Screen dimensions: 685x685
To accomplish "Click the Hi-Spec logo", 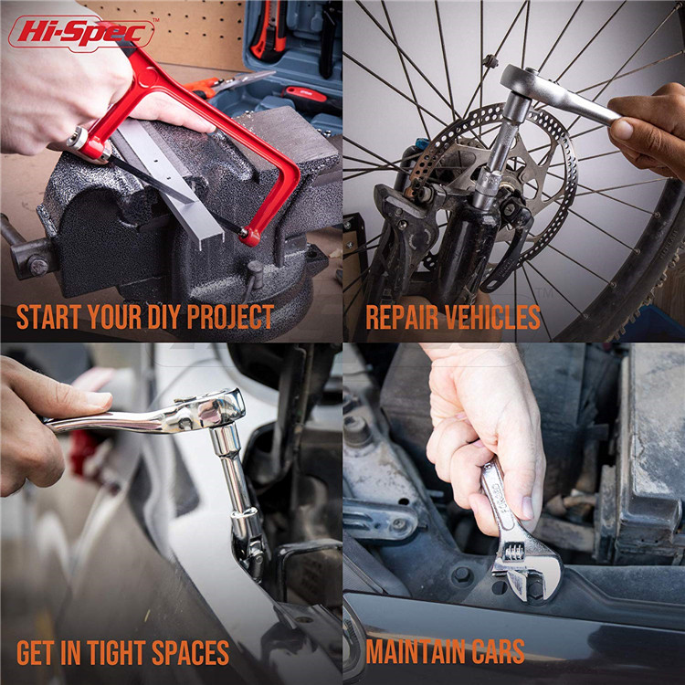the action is click(x=81, y=33).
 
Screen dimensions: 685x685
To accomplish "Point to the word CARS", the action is click(x=498, y=651).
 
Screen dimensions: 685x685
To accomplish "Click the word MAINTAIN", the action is click(x=416, y=651).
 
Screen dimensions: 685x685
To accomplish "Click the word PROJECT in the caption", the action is click(x=230, y=317).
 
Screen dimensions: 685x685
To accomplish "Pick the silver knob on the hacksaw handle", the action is click(x=78, y=138).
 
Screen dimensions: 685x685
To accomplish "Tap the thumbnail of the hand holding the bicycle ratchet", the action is click(x=623, y=130).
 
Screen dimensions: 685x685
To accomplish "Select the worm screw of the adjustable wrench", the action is click(x=513, y=553).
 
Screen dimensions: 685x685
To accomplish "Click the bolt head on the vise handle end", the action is click(x=38, y=267).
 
